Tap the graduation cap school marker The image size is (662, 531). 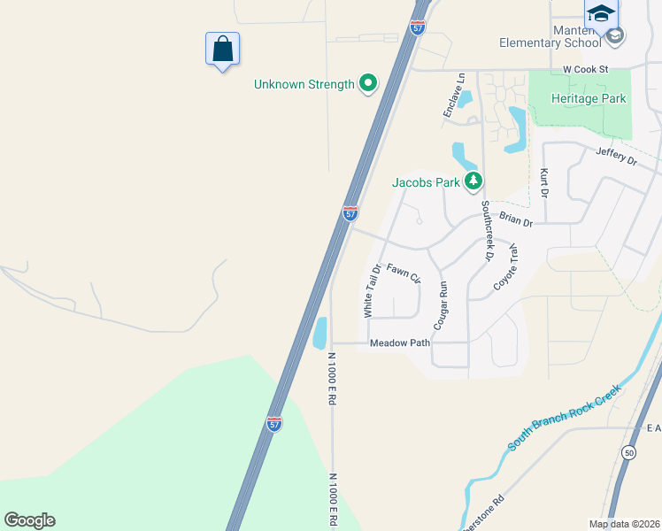601,13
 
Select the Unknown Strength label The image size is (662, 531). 304,84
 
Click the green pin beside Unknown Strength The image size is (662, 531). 368,84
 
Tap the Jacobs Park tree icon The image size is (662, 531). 474,182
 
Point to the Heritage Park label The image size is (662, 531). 589,98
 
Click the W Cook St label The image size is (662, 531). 587,68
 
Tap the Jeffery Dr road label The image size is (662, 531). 617,157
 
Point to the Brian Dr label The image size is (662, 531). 516,219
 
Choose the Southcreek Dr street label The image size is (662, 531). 486,230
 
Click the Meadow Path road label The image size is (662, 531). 400,342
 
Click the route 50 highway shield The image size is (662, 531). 628,452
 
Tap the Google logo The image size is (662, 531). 29,520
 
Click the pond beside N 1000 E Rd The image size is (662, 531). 319,333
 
